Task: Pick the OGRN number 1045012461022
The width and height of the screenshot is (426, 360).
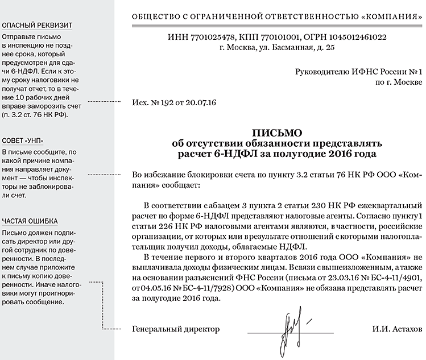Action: click(354, 38)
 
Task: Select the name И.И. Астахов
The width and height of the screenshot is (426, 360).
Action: click(398, 329)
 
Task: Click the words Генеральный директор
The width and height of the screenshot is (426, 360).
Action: click(175, 329)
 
